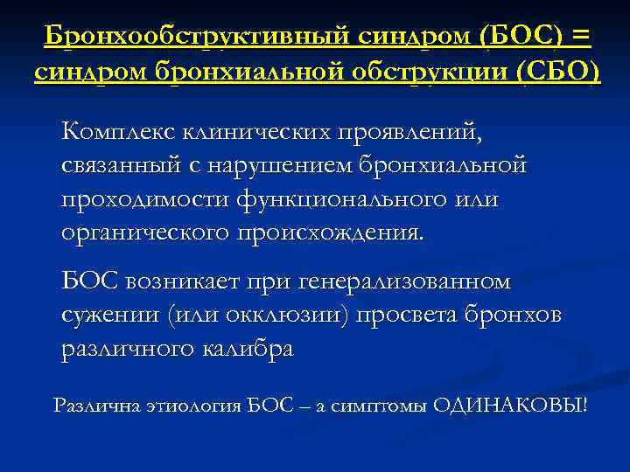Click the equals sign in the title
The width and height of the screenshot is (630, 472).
579,37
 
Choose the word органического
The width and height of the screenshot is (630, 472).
143,233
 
